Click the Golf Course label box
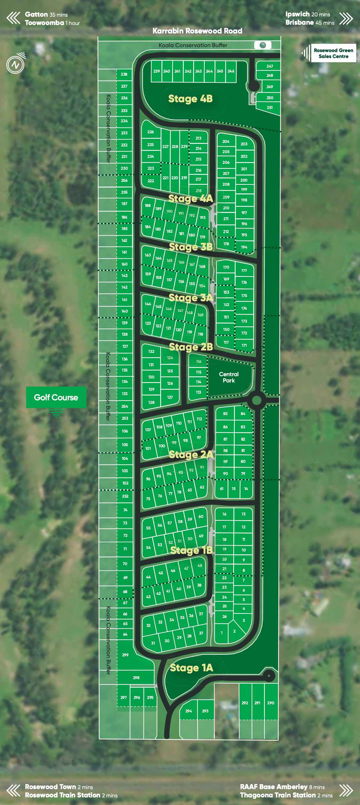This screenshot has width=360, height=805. pyautogui.click(x=56, y=397)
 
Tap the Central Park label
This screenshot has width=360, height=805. pyautogui.click(x=229, y=377)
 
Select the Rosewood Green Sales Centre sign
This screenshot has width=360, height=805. pyautogui.click(x=333, y=53)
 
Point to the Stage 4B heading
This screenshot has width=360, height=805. pyautogui.click(x=190, y=99)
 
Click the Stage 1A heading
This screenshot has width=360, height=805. pyautogui.click(x=191, y=668)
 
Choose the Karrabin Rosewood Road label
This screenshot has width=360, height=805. pyautogui.click(x=197, y=31)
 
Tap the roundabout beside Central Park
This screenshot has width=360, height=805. pyautogui.click(x=257, y=400)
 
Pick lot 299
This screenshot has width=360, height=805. pyautogui.click(x=125, y=655)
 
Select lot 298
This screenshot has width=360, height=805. pyautogui.click(x=136, y=677)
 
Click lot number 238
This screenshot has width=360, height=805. pyautogui.click(x=124, y=74)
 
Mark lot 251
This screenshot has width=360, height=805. pyautogui.click(x=270, y=108)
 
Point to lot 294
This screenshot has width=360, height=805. pyautogui.click(x=189, y=711)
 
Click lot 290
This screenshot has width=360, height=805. pyautogui.click(x=271, y=703)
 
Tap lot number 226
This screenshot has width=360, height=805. pyautogui.click(x=151, y=132)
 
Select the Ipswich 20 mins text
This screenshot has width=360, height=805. pyautogui.click(x=308, y=14)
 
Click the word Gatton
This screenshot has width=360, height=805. pyautogui.click(x=36, y=14)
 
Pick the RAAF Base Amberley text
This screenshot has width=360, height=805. pyautogui.click(x=274, y=787)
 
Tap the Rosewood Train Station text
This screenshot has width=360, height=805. pyautogui.click(x=63, y=795)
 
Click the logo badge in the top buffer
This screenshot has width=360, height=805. pyautogui.click(x=263, y=45)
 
